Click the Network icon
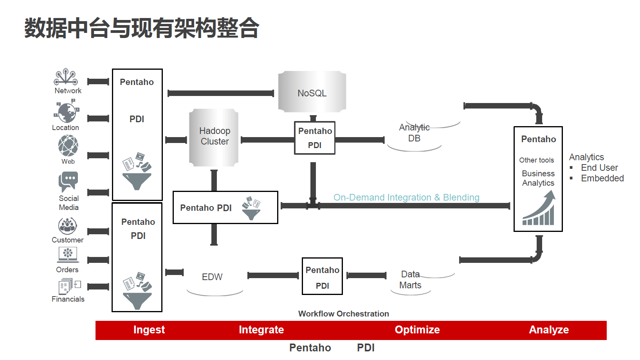click(x=66, y=77)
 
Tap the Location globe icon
click(x=67, y=112)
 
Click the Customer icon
click(x=68, y=226)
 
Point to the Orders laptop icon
click(x=68, y=254)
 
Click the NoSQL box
click(x=312, y=92)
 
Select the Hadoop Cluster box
click(x=214, y=137)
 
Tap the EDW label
click(x=212, y=277)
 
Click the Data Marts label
click(x=410, y=280)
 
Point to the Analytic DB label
click(x=414, y=133)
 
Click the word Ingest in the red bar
click(x=149, y=330)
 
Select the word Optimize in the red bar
click(x=417, y=330)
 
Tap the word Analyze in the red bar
click(x=549, y=330)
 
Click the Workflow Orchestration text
click(x=344, y=314)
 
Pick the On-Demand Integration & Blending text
click(x=406, y=197)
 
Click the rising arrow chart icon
click(x=539, y=208)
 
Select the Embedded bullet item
click(x=602, y=178)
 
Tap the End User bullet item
click(x=599, y=168)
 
